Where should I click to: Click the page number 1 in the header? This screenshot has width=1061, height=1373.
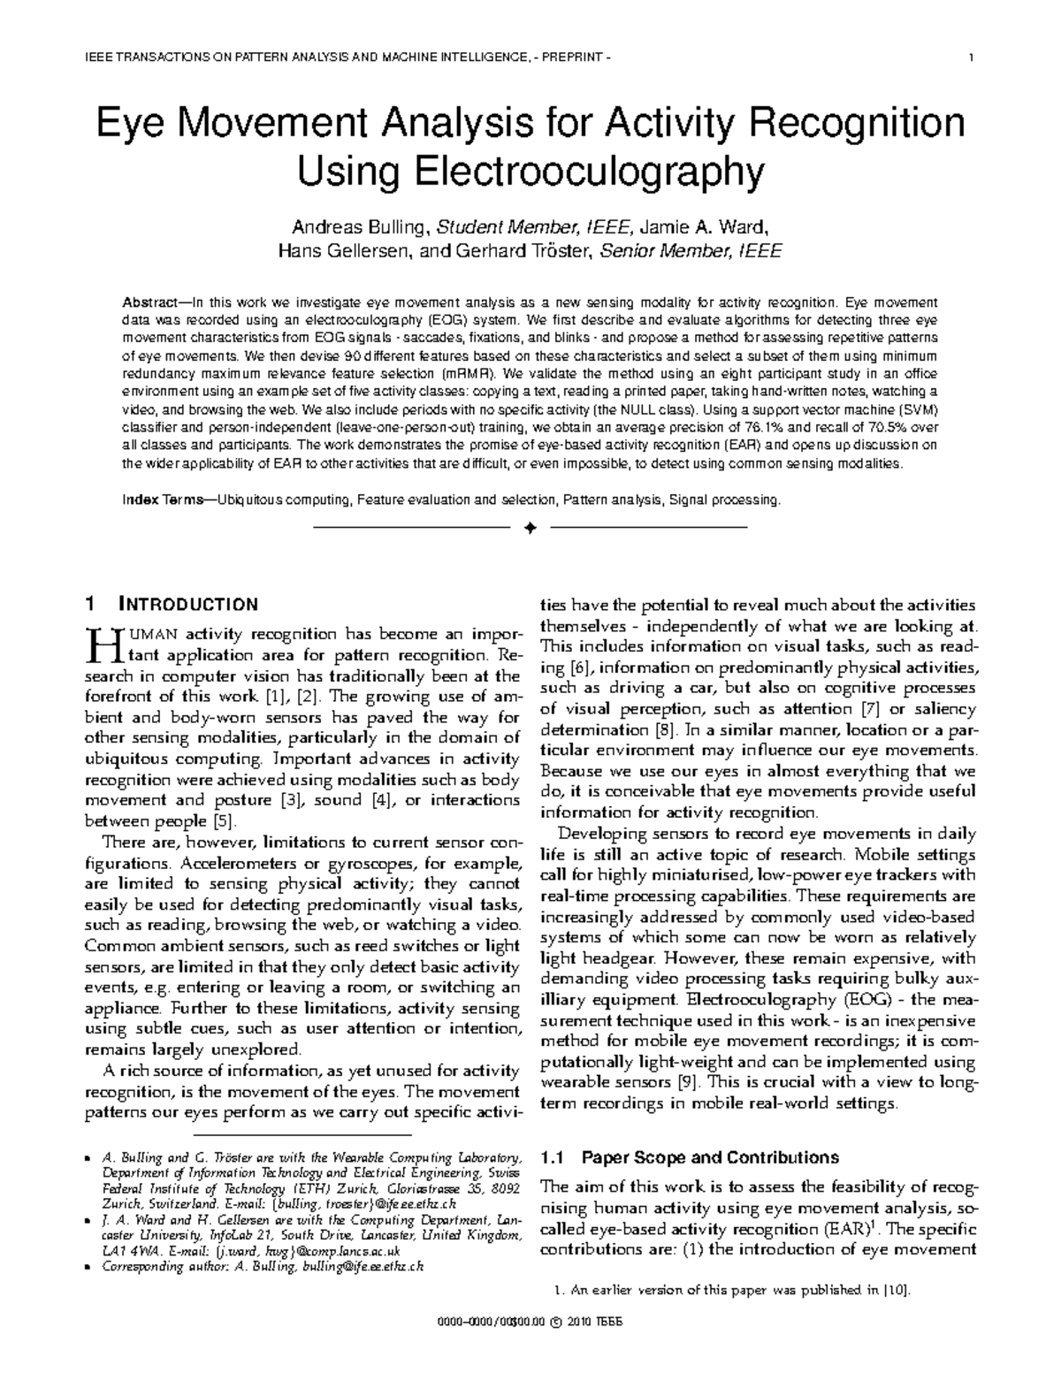tap(972, 59)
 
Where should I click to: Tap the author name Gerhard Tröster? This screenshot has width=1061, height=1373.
tap(523, 251)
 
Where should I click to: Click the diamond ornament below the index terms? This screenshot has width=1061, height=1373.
tap(530, 528)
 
